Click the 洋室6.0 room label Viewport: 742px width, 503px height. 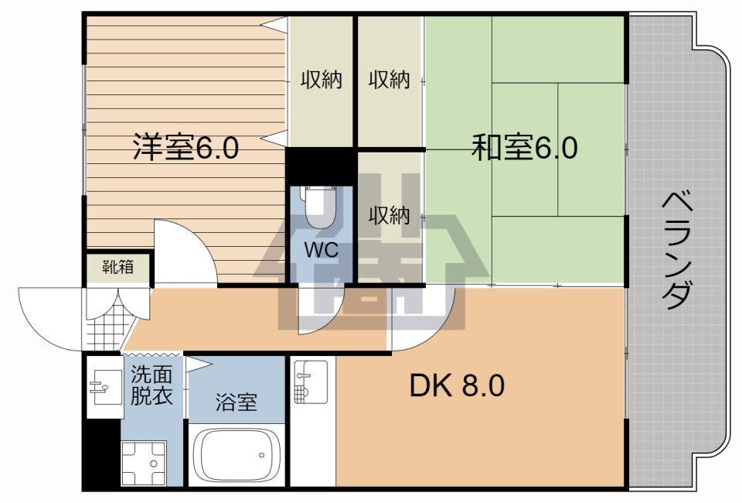(185, 147)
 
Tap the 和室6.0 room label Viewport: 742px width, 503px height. (524, 147)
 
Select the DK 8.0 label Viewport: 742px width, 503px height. (457, 385)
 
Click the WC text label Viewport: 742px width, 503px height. (322, 249)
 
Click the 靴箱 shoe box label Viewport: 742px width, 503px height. (117, 268)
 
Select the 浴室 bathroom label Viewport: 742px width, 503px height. (237, 402)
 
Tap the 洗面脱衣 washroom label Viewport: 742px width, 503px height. (151, 385)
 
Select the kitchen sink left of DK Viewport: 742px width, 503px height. (311, 382)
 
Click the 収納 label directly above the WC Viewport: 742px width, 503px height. (322, 80)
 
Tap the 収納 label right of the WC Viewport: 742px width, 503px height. (389, 216)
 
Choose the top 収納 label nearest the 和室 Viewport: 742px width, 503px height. (389, 80)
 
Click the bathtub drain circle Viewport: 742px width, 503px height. (262, 456)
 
